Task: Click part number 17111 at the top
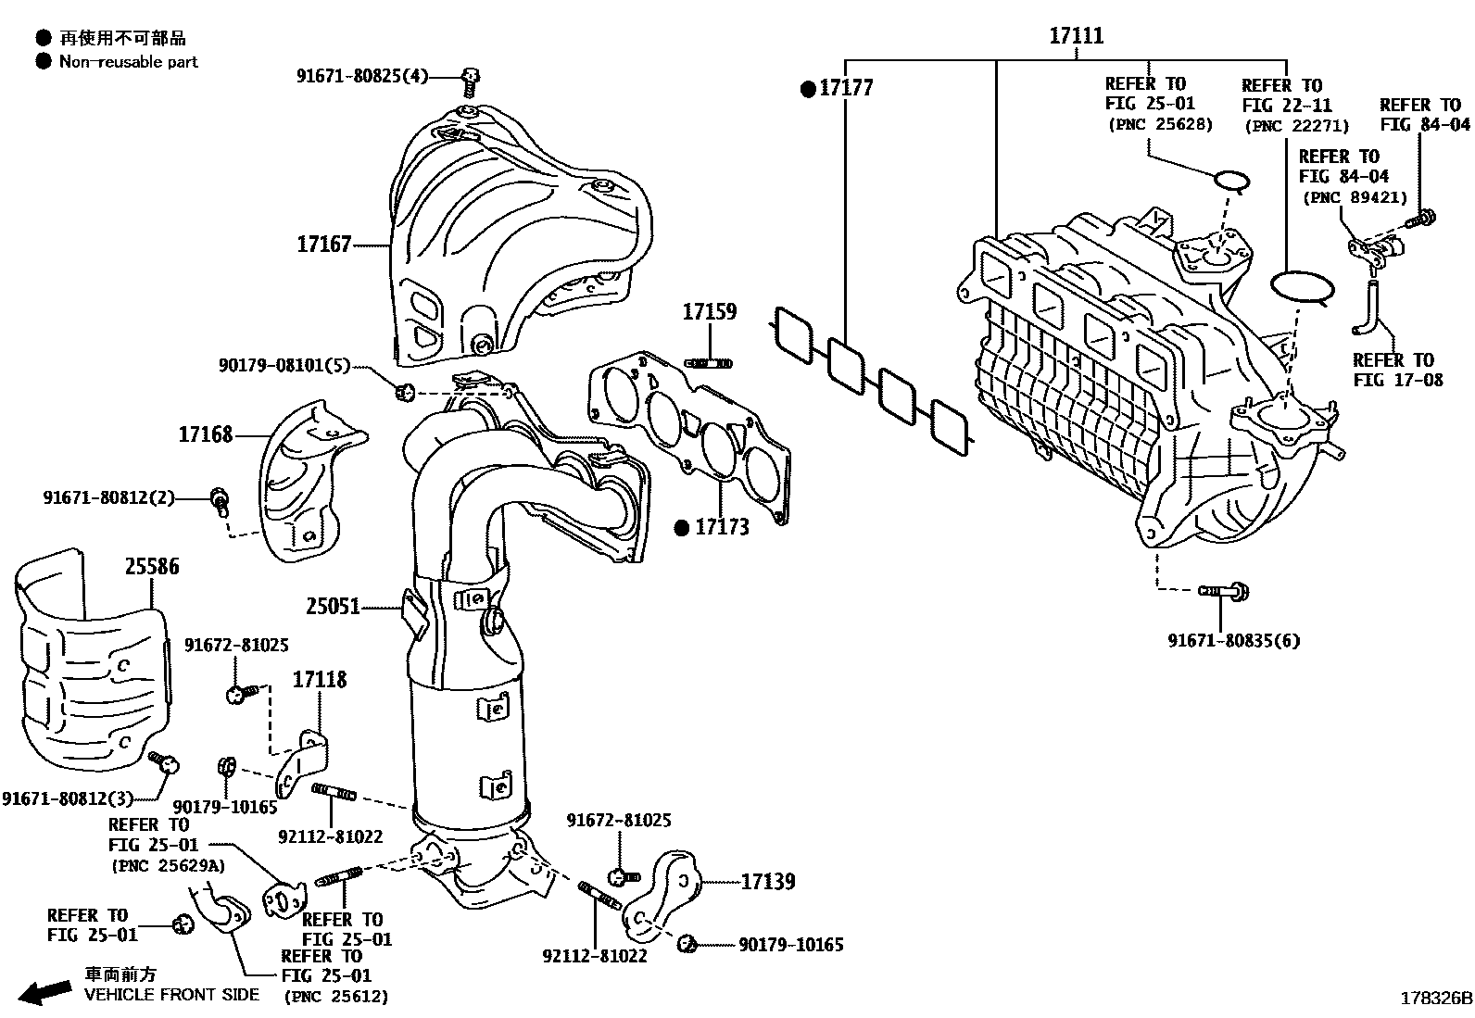point(1076,36)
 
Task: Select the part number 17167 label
point(323,245)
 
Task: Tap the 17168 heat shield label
point(205,434)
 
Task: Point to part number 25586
point(152,566)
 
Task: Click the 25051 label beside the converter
point(333,608)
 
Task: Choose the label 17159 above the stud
point(709,312)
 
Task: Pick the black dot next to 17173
point(682,528)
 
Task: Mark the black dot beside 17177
point(809,89)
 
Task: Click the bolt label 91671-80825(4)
point(362,76)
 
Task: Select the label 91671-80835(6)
point(1233,640)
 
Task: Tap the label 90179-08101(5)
point(284,366)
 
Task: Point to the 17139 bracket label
point(767,881)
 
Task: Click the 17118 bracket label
point(320,680)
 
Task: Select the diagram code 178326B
point(1435,999)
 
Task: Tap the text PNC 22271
point(1297,126)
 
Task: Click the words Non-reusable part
point(129,62)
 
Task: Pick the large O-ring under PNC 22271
point(1302,287)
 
